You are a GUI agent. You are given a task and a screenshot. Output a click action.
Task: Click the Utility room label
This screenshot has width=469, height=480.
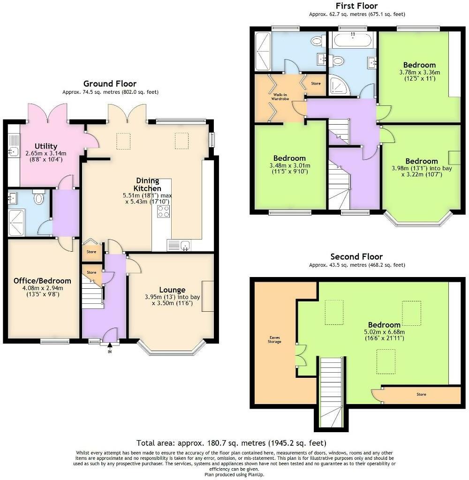(x=45, y=146)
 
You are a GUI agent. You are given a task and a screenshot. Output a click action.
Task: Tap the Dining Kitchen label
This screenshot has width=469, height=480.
(x=147, y=184)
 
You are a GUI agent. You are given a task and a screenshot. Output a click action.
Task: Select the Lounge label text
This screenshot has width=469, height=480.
(x=172, y=290)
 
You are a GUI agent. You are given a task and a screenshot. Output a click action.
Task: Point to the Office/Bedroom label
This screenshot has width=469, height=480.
(x=42, y=281)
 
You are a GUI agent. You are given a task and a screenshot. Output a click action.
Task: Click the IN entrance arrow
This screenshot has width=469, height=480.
(x=110, y=346)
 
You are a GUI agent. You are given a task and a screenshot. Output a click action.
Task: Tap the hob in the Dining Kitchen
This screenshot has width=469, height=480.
(x=164, y=211)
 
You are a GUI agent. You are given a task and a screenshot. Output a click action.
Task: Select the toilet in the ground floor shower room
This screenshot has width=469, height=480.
(x=38, y=197)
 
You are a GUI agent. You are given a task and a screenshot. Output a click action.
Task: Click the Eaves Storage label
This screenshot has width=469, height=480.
(x=274, y=339)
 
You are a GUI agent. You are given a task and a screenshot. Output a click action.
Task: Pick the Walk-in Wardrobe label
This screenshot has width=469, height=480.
(x=280, y=97)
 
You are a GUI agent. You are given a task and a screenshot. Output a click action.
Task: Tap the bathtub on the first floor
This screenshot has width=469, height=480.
(x=353, y=40)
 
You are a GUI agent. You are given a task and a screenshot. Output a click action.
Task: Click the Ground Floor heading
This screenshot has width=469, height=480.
(x=110, y=83)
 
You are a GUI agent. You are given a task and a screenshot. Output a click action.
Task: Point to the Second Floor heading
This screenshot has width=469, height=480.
(x=356, y=256)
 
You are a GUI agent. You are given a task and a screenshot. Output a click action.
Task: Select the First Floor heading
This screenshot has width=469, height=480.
(x=356, y=6)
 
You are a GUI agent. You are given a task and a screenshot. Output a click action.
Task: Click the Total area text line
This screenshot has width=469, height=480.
(x=231, y=443)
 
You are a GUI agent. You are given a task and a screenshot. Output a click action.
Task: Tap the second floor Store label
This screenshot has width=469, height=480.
(x=421, y=394)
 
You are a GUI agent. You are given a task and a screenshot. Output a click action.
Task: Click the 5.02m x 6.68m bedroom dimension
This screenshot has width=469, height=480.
(x=384, y=332)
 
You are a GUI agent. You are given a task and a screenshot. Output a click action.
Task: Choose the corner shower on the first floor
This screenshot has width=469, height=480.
(x=340, y=84)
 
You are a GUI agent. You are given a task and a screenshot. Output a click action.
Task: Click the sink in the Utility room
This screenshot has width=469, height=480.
(x=13, y=151)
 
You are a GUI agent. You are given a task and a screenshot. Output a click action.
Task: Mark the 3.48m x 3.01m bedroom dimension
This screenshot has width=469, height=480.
(x=290, y=165)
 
